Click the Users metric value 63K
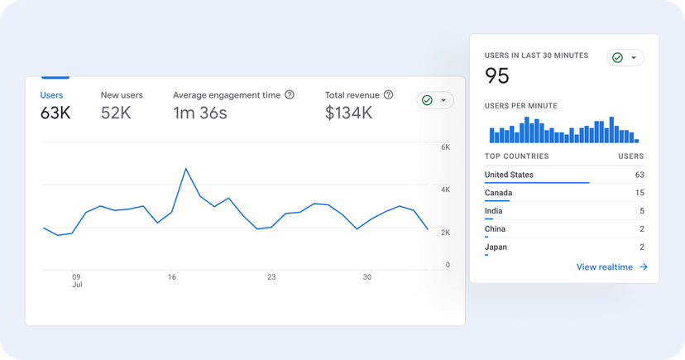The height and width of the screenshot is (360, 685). [55, 113]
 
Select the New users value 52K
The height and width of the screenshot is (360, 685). [116, 113]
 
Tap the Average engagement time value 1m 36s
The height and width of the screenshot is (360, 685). [199, 113]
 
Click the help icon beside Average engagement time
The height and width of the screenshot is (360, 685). [290, 95]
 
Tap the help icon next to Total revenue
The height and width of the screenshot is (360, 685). [388, 95]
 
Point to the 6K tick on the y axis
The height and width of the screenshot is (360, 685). [445, 147]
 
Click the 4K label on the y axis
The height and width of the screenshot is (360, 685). [445, 190]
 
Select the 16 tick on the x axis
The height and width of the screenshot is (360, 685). [172, 277]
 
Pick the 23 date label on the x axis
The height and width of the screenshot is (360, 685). [271, 277]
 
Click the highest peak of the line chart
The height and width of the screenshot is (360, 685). [186, 169]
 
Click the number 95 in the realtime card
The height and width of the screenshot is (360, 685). [497, 76]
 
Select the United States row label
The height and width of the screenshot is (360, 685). [509, 175]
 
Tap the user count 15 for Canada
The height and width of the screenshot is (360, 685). [639, 193]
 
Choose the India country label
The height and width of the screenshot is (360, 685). [495, 211]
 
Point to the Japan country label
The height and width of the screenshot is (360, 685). [496, 247]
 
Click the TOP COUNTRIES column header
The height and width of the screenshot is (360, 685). [516, 156]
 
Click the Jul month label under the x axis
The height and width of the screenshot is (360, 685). [76, 285]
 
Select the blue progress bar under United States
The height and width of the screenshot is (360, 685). [537, 183]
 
